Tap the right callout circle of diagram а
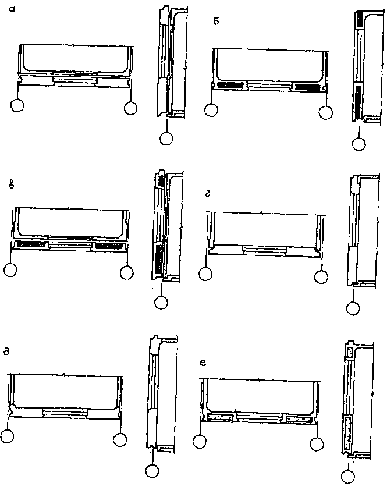(x=131, y=108)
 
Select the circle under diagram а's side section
(x=166, y=138)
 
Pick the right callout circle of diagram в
(x=127, y=271)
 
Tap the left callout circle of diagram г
(x=206, y=273)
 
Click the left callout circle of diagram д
(x=8, y=436)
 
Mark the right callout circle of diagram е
(x=317, y=445)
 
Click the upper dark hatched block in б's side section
(x=359, y=20)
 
